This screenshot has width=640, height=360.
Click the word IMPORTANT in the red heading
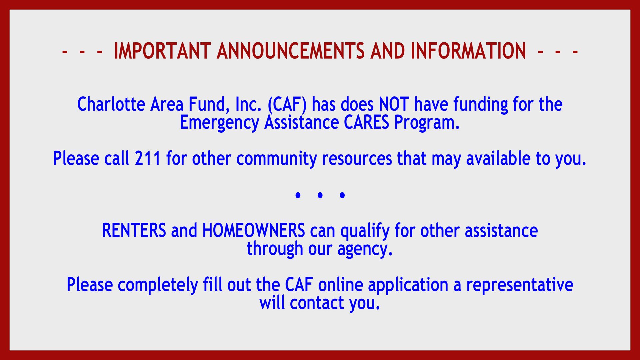coord(162,51)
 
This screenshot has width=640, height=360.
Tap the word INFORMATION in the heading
coord(468,51)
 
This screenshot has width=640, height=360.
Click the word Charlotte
coord(111,104)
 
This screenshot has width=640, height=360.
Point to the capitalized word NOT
coord(394,104)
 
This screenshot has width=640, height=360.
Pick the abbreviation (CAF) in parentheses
coord(287,105)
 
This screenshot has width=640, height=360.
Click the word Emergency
coord(219,123)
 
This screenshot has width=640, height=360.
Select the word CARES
coord(366,122)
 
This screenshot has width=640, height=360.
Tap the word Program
coord(427,123)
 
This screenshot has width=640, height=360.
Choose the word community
coord(276,159)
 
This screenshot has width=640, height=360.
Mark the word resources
coord(357,159)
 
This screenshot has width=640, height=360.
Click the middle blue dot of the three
coord(320,195)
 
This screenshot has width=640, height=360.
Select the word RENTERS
coord(134,230)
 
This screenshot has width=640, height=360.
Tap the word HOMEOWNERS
coord(254,230)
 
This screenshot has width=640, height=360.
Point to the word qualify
coord(365,231)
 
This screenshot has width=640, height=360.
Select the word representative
coord(520,285)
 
